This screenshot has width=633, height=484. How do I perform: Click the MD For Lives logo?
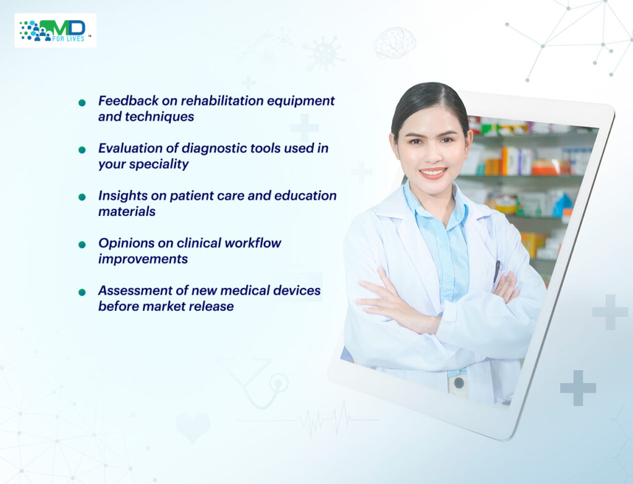pos(55,30)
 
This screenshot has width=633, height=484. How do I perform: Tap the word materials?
pos(127,212)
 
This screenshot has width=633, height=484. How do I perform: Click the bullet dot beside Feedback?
pos(82,103)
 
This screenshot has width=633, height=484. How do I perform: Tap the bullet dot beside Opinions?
pos(82,245)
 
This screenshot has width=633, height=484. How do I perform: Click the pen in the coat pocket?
pos(496,271)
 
